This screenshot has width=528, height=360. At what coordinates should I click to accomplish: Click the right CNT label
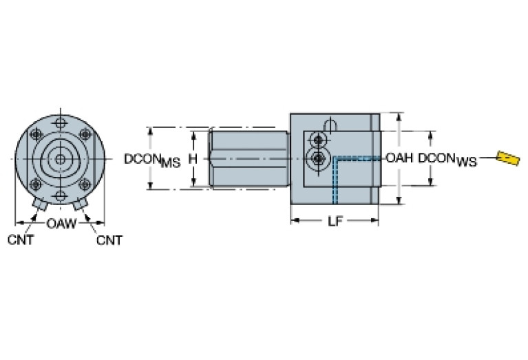(x=109, y=240)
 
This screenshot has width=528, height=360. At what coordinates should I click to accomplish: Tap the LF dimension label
(x=335, y=222)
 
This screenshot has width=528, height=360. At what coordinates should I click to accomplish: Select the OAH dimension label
(x=399, y=158)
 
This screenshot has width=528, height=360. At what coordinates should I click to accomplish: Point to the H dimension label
(x=193, y=159)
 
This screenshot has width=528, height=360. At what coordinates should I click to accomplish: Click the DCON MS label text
(x=152, y=160)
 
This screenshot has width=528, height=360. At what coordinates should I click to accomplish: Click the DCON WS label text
(x=447, y=160)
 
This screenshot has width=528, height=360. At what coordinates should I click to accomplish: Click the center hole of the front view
(x=61, y=159)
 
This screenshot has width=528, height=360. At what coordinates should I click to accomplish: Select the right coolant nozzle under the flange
(x=80, y=205)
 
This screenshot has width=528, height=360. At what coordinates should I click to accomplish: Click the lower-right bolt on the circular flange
(x=85, y=184)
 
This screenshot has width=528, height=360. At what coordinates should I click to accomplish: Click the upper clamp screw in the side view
(x=317, y=140)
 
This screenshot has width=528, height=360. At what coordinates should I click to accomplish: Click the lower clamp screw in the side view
(x=317, y=159)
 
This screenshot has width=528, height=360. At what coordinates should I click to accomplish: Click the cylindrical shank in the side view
(x=248, y=159)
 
